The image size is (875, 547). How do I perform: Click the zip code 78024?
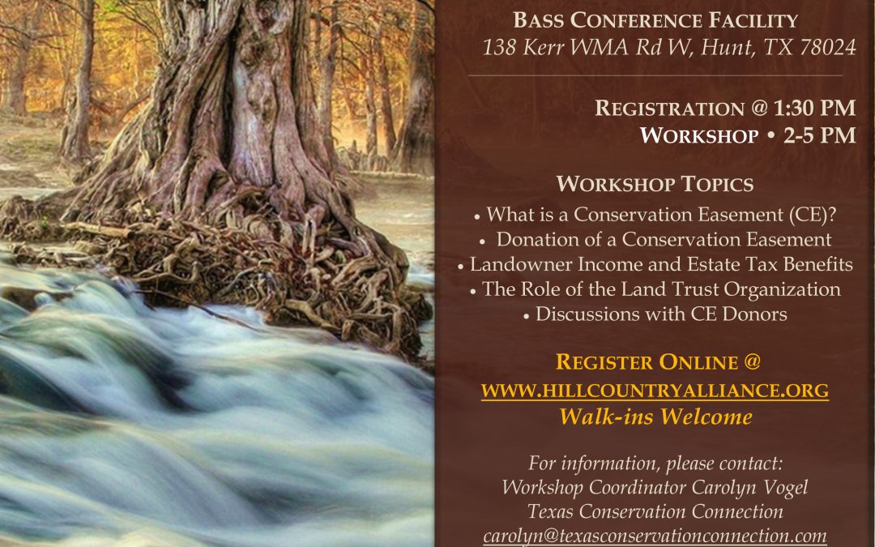827,47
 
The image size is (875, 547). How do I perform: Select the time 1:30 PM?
815,108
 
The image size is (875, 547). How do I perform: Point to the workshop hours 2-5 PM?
820,135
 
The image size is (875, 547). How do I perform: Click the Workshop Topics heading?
655,184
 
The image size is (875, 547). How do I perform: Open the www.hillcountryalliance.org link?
655,391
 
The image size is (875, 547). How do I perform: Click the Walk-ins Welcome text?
655,417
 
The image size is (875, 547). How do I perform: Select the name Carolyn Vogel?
749,487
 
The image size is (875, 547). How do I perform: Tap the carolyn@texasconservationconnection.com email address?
655,536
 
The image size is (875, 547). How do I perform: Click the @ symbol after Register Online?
752,362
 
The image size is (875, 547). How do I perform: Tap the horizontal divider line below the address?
655,75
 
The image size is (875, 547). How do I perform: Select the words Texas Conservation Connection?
655,512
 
